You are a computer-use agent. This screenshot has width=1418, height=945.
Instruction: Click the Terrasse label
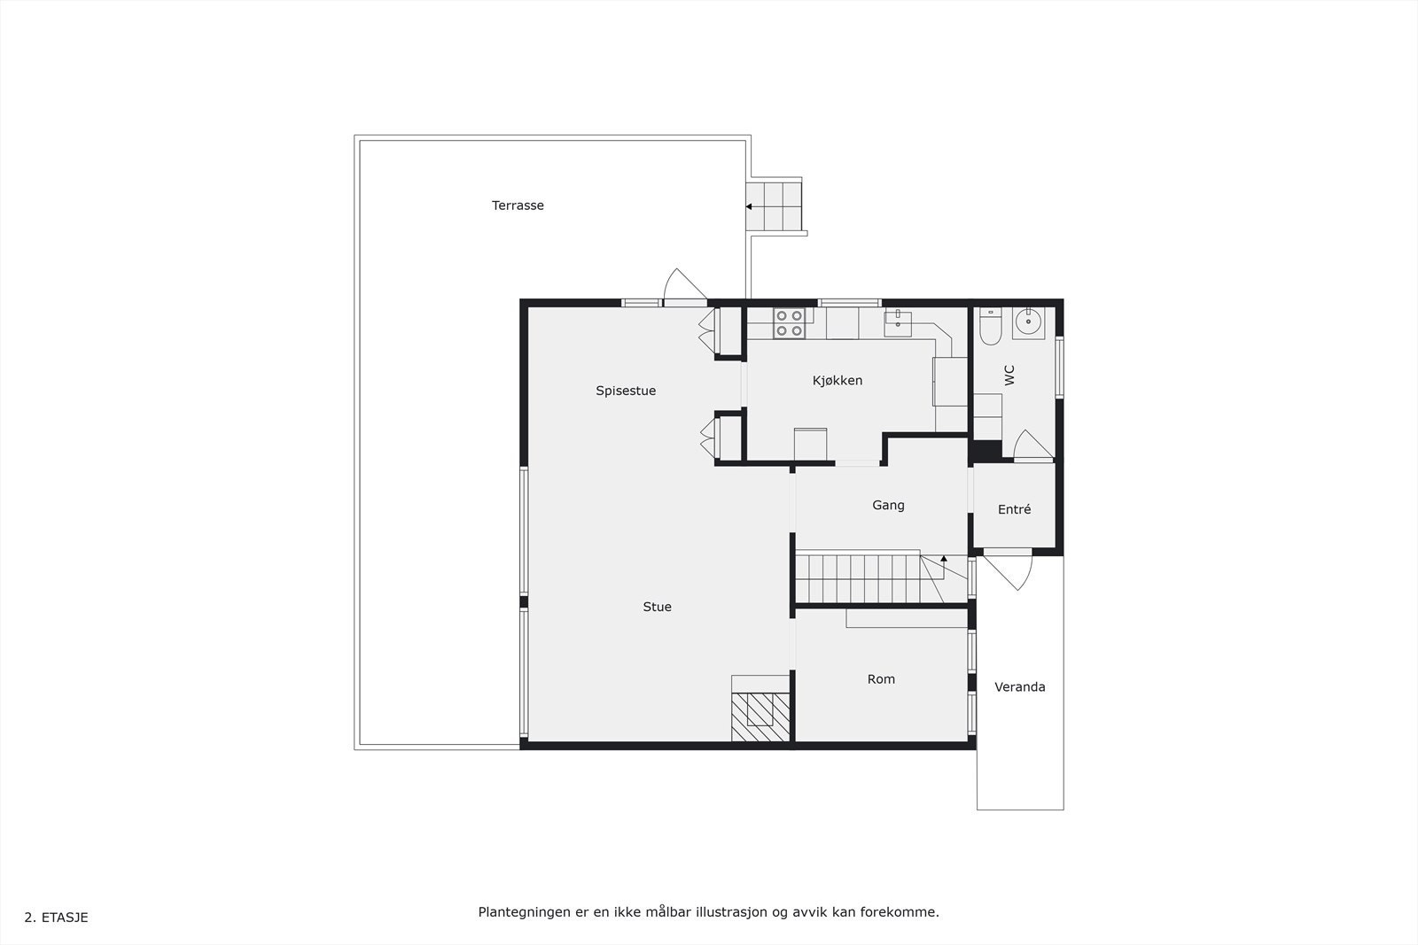[x=518, y=205]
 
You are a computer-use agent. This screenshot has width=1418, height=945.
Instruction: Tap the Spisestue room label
[x=626, y=391]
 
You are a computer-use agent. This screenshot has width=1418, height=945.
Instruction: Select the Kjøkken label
[x=838, y=381]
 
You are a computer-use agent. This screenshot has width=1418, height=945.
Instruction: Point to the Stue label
[x=657, y=607]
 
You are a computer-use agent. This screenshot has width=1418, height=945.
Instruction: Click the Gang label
[x=888, y=505]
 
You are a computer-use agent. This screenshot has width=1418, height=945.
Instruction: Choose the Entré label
[x=1014, y=509]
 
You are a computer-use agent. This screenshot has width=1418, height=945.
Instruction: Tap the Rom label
[x=881, y=679]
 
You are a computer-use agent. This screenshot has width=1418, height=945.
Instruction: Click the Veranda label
[x=1019, y=686]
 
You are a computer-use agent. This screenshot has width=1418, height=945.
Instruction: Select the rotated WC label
[x=1009, y=375]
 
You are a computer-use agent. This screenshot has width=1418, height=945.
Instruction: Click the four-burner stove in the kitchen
[x=789, y=323]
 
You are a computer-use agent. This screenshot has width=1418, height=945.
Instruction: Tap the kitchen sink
[x=898, y=319]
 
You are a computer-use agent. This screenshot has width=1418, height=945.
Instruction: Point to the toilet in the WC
[x=990, y=328]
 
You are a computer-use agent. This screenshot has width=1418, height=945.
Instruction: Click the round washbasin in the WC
[x=1028, y=323]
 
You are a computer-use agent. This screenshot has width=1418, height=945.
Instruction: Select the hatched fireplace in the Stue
[x=760, y=716]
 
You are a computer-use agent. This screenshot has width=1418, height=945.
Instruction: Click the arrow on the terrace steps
[x=749, y=206]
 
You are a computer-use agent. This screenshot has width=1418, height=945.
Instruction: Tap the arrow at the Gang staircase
[x=944, y=559]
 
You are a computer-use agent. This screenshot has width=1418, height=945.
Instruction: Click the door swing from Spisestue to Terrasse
[x=682, y=285]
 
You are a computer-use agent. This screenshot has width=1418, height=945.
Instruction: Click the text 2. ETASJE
[x=56, y=918]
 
